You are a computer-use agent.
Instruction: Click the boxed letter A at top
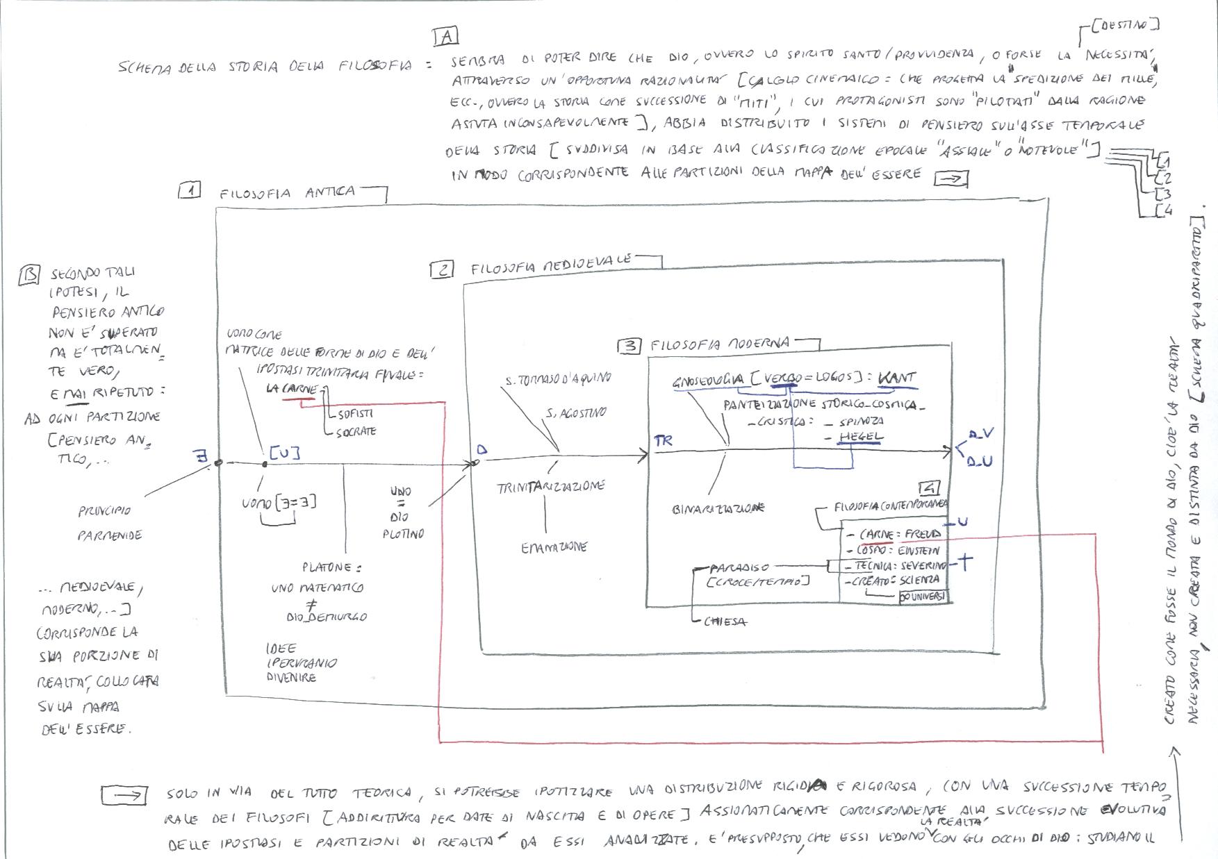pos(445,36)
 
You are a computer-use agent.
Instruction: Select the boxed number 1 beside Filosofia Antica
pos(189,191)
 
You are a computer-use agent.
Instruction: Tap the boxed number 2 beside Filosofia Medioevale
pos(442,270)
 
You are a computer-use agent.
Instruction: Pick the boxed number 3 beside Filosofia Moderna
pos(629,346)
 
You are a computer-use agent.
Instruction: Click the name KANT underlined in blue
pos(897,378)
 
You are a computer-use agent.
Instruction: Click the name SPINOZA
pos(862,422)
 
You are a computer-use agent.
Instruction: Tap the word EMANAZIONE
pos(554,547)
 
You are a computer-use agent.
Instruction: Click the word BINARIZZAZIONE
pos(718,508)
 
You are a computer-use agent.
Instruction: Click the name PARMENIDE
pos(110,535)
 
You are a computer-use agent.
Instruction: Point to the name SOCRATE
pos(356,431)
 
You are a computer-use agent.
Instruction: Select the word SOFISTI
pos(355,414)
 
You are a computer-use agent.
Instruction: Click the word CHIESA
pos(725,622)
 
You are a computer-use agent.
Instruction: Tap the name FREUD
pos(922,534)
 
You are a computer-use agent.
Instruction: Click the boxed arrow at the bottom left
pos(124,795)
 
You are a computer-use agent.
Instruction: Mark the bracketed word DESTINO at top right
pos(1125,26)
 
